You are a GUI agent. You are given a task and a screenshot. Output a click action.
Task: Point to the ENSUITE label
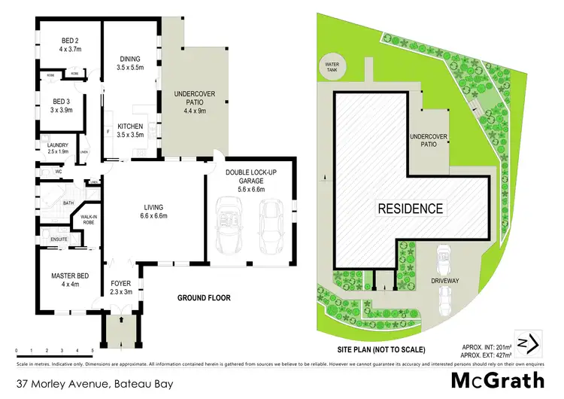pyautogui.click(x=59, y=239)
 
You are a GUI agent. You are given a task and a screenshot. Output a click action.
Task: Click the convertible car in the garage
pyautogui.click(x=229, y=226)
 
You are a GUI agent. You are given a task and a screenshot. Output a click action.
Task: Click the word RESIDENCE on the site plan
pyautogui.click(x=410, y=209)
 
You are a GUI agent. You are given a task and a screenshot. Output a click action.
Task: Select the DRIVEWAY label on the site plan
pyautogui.click(x=446, y=279)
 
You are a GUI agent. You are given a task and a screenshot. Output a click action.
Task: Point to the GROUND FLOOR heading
pyautogui.click(x=205, y=297)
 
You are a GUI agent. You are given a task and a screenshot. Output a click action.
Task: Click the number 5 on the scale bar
pyautogui.click(x=92, y=351)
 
